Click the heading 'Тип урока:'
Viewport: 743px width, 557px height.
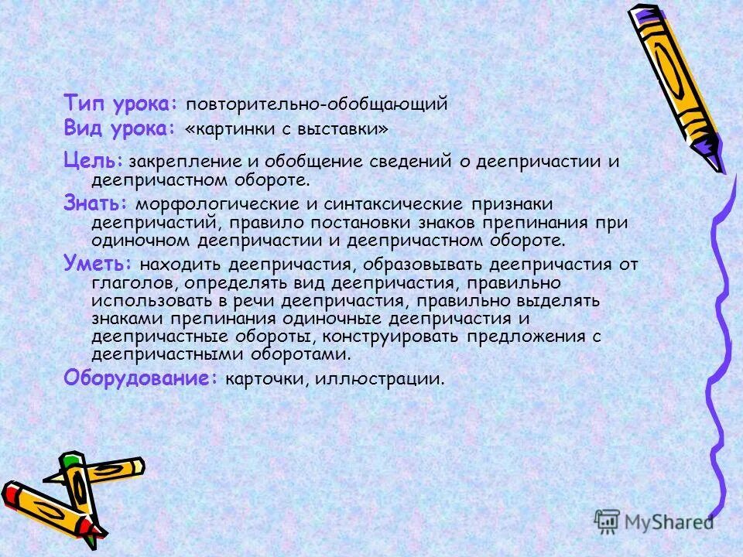pos(122,104)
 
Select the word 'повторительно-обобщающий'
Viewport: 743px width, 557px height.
pos(317,104)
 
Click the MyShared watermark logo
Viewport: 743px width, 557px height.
pos(655,521)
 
